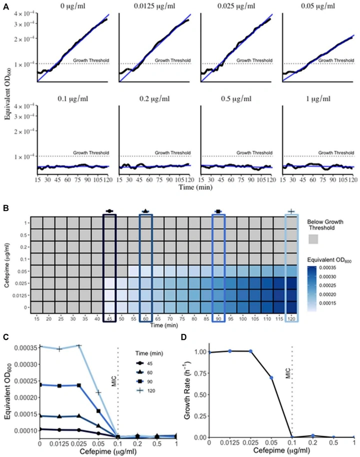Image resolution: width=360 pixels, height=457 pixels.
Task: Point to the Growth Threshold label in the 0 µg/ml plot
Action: point(91,61)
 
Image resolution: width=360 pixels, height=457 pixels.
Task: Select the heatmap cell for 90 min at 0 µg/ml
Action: point(218,305)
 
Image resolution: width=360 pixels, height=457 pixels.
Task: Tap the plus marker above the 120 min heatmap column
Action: point(291,211)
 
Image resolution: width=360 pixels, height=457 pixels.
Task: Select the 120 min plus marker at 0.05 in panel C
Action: point(99,393)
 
